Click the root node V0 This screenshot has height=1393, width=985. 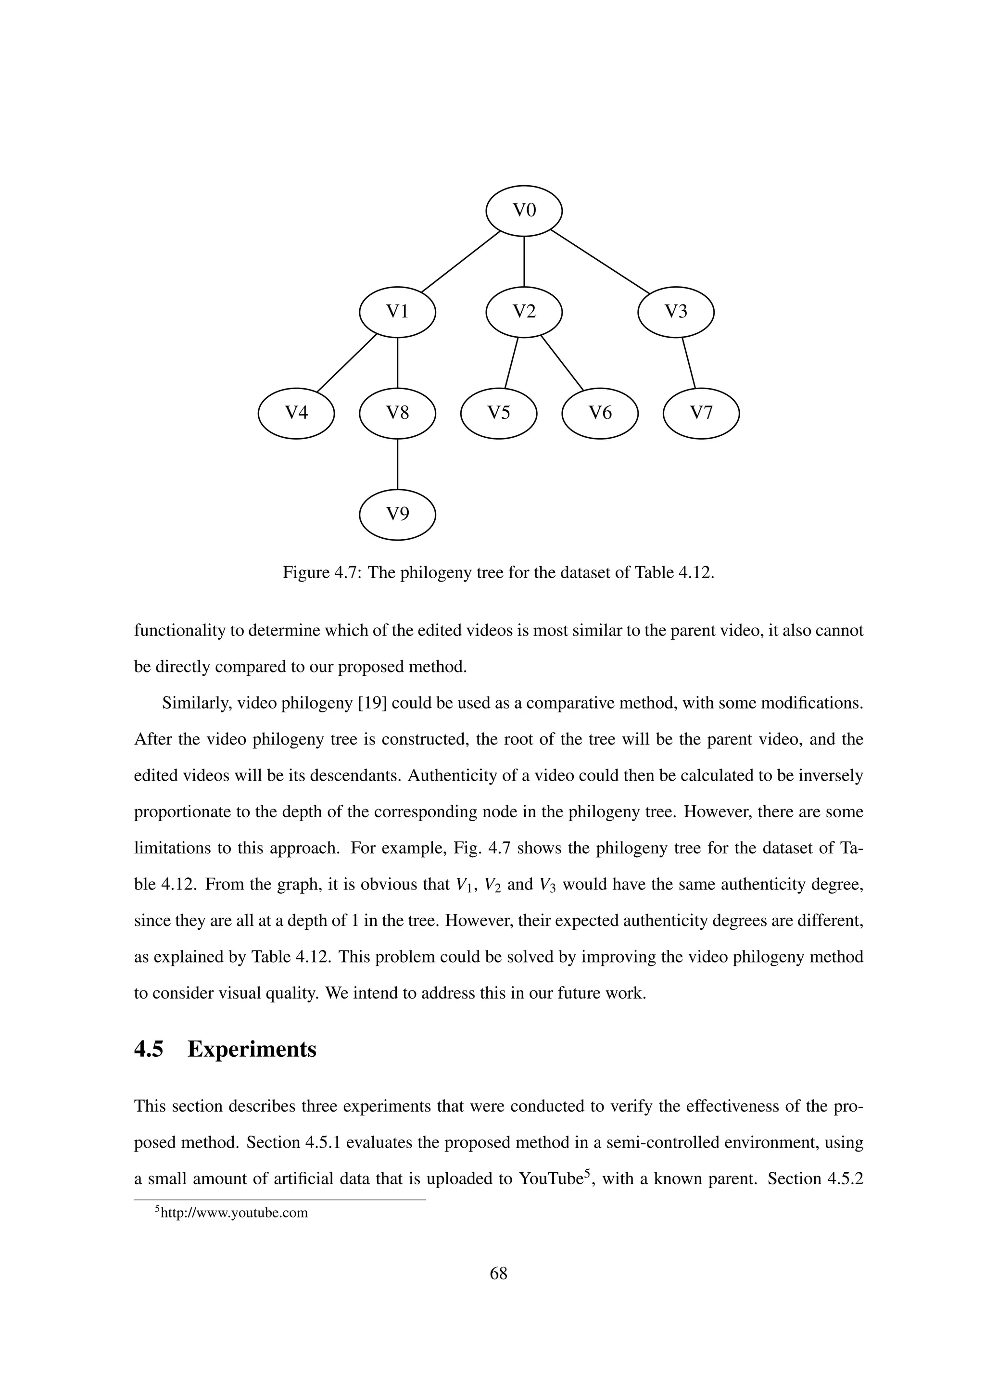[524, 211]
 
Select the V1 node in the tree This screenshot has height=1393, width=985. [397, 312]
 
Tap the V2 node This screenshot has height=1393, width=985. [524, 312]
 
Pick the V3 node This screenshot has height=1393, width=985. [676, 312]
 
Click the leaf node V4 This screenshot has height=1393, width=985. [296, 413]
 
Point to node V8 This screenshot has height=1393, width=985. [397, 413]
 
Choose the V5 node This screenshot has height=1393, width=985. [499, 413]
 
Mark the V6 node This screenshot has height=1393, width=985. [600, 413]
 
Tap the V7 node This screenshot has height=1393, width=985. [701, 413]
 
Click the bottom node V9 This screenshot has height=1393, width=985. [397, 515]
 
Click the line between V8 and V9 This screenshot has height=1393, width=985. [397, 464]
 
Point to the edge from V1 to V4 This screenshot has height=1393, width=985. [346, 363]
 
